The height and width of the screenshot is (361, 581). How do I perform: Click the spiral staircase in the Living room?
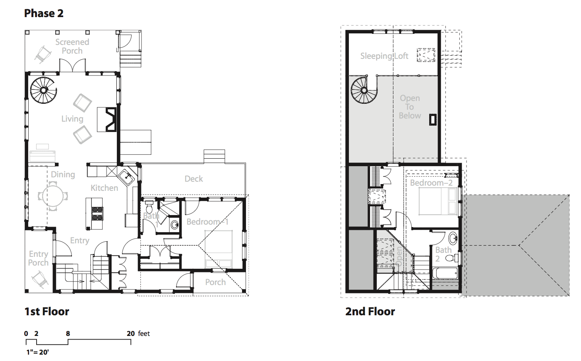[x=43, y=90]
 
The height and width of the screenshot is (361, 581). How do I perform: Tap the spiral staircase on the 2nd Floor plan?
[x=364, y=91]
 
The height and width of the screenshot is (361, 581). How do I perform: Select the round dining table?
[x=53, y=196]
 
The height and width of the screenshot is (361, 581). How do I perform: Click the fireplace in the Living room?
[x=107, y=120]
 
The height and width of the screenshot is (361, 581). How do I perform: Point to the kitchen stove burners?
[x=97, y=213]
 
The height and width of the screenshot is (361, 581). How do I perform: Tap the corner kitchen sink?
[x=127, y=177]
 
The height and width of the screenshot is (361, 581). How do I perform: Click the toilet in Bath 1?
[x=149, y=206]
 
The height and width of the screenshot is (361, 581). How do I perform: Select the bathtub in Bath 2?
[x=445, y=273]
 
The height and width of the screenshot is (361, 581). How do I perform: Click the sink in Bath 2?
[x=453, y=238]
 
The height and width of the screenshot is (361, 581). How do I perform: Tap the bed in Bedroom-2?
[x=438, y=202]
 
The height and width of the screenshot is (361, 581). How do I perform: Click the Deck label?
[x=194, y=179]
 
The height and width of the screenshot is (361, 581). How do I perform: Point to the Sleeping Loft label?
[x=384, y=56]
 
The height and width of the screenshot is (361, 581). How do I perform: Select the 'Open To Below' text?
[x=410, y=107]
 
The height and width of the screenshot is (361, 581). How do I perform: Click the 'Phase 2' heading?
[x=44, y=13]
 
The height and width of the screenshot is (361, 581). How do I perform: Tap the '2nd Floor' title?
[x=370, y=311]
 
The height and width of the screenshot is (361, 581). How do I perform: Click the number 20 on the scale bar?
[x=131, y=334]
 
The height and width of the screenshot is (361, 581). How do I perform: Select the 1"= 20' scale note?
[x=38, y=352]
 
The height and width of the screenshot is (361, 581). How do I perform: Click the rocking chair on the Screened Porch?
[x=43, y=54]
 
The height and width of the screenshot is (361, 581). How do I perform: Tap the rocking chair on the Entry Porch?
[x=40, y=279]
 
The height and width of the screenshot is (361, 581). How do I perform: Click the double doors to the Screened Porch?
[x=73, y=65]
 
